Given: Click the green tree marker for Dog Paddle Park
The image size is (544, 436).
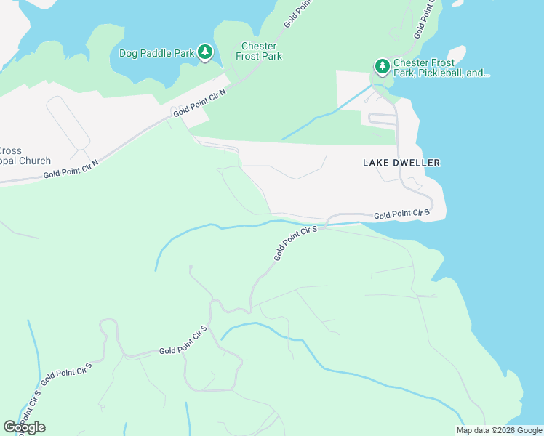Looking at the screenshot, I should tap(206, 52).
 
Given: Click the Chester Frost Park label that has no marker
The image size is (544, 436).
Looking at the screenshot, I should tap(258, 51).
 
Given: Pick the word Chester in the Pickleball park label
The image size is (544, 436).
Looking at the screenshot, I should tap(410, 63).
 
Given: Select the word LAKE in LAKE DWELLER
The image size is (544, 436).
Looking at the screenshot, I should tap(376, 163).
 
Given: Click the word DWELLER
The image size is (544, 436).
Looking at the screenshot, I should tap(417, 163).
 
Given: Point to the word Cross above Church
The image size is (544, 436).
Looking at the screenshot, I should tap(10, 151).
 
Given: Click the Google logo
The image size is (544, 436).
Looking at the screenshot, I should tap(24, 427).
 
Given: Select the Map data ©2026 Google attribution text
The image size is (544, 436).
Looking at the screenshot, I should tap(499, 430).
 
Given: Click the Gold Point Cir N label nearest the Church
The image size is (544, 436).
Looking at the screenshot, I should tap(71, 169).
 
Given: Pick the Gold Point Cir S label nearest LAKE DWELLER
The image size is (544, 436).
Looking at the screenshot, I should tap(401, 214).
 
